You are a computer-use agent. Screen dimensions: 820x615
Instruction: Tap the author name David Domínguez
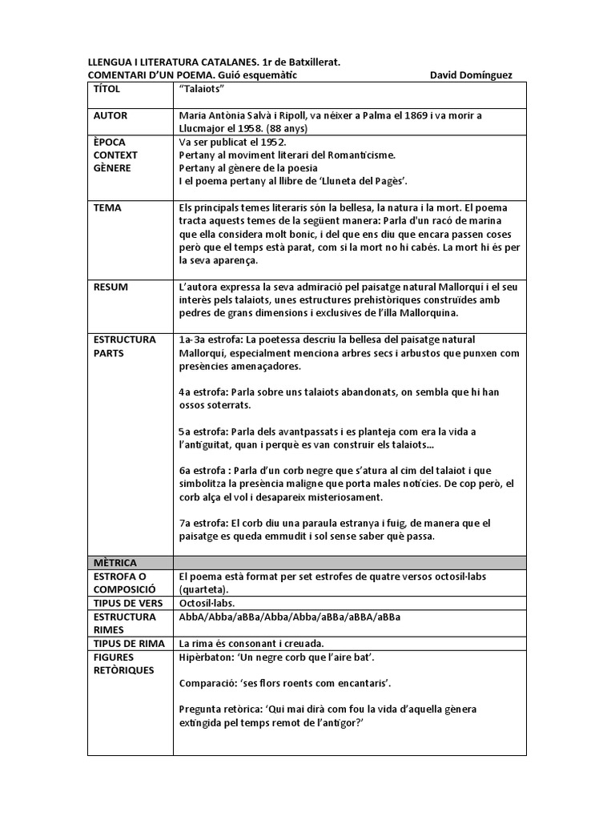(x=471, y=74)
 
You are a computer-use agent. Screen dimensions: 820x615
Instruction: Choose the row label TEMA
(x=107, y=207)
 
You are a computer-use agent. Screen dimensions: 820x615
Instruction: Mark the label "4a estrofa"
(x=204, y=392)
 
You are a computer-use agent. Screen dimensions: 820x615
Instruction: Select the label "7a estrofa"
(x=204, y=523)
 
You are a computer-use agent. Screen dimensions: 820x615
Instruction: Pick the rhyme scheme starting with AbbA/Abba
(x=290, y=616)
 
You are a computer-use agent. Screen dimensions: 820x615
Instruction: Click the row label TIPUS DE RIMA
(x=128, y=642)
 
